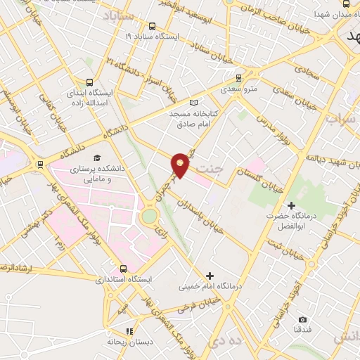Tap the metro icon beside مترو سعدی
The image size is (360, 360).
(x=239, y=77)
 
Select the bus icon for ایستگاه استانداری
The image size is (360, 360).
(x=124, y=268)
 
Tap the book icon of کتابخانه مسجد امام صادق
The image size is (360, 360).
(x=195, y=102)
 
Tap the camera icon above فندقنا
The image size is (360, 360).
(x=302, y=319)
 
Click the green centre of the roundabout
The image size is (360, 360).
(x=149, y=215)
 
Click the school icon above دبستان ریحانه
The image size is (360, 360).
(x=129, y=330)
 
